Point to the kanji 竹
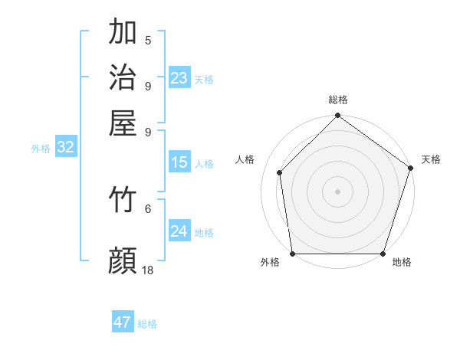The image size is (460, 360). coord(123,200)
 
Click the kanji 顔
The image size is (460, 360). coord(123,261)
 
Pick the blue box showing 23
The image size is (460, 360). coord(179,78)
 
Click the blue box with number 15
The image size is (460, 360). coord(179,162)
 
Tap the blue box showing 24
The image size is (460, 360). coord(179,231)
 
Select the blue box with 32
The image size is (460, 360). coord(65,148)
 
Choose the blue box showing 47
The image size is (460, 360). coord(123,322)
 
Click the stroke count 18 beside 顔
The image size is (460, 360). coord(148,270)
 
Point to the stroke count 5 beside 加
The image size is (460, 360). coord(148,41)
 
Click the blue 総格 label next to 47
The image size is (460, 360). coord(147,324)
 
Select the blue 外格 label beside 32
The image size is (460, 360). coord(41,149)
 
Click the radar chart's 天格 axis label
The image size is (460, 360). coord(431,159)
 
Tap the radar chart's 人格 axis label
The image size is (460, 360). coord(245,159)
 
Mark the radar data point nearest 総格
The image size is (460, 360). coord(337,116)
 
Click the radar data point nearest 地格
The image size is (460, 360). coord(383,254)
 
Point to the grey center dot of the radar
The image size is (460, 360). coord(337,191)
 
